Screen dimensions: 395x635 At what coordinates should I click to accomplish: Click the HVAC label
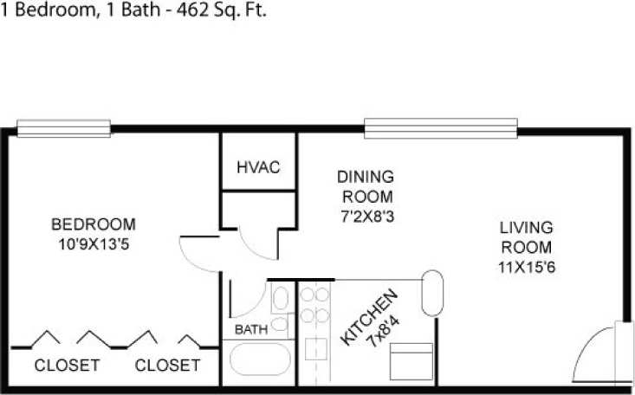258,167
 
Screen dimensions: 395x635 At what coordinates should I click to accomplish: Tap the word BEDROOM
93,224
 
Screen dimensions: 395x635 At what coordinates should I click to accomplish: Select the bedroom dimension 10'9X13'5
93,243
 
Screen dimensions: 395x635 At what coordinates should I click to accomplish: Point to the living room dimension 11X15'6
526,266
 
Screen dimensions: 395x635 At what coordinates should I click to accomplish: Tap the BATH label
251,330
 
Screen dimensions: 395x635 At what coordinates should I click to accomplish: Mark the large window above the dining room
440,130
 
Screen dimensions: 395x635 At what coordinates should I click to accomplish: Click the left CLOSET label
67,366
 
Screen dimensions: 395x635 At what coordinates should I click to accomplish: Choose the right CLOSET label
167,366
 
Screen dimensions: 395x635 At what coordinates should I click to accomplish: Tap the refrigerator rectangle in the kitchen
410,361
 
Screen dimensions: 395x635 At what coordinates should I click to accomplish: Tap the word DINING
365,177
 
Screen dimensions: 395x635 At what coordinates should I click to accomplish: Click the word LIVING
526,229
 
